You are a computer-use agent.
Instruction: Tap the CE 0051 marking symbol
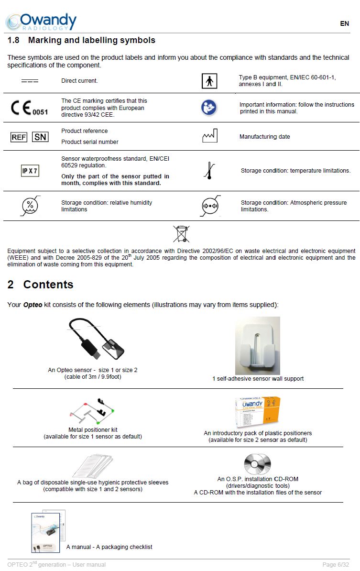click(x=29, y=108)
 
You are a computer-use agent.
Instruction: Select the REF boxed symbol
click(x=19, y=137)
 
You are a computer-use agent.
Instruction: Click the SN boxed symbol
click(x=40, y=137)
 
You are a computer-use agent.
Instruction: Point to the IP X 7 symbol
click(x=30, y=171)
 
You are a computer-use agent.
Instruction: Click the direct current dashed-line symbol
click(x=30, y=81)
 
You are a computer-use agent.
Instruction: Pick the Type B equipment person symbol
click(x=209, y=81)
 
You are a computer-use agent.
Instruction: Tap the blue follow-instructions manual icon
click(x=209, y=108)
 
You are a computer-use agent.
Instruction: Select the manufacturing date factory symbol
click(x=209, y=136)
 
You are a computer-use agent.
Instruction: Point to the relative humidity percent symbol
click(x=30, y=206)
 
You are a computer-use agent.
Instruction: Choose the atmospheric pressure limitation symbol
click(x=209, y=206)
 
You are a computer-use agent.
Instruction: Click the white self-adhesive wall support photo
click(x=257, y=345)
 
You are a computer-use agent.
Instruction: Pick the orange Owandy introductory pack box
click(x=258, y=412)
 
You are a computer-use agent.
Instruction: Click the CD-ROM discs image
click(x=257, y=464)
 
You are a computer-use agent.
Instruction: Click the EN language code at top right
click(x=344, y=23)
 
